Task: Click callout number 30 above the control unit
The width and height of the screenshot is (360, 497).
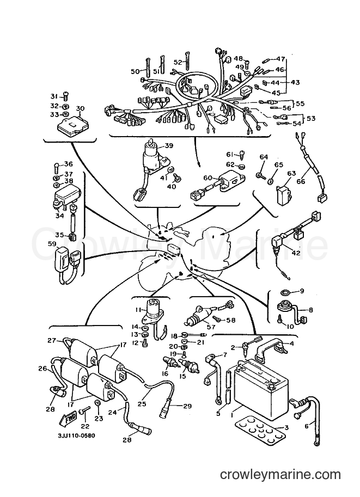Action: [80, 108]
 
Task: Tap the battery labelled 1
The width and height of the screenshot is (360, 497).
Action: [261, 384]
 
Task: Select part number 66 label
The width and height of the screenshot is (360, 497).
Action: [301, 181]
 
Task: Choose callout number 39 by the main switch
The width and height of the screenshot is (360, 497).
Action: [169, 145]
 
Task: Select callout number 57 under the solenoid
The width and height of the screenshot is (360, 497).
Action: [211, 327]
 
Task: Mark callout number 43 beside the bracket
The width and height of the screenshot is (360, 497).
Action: [295, 82]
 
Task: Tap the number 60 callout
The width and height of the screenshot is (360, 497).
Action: [208, 178]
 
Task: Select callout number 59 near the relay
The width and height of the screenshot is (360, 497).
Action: [52, 244]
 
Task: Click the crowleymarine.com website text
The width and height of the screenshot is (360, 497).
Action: [280, 475]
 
